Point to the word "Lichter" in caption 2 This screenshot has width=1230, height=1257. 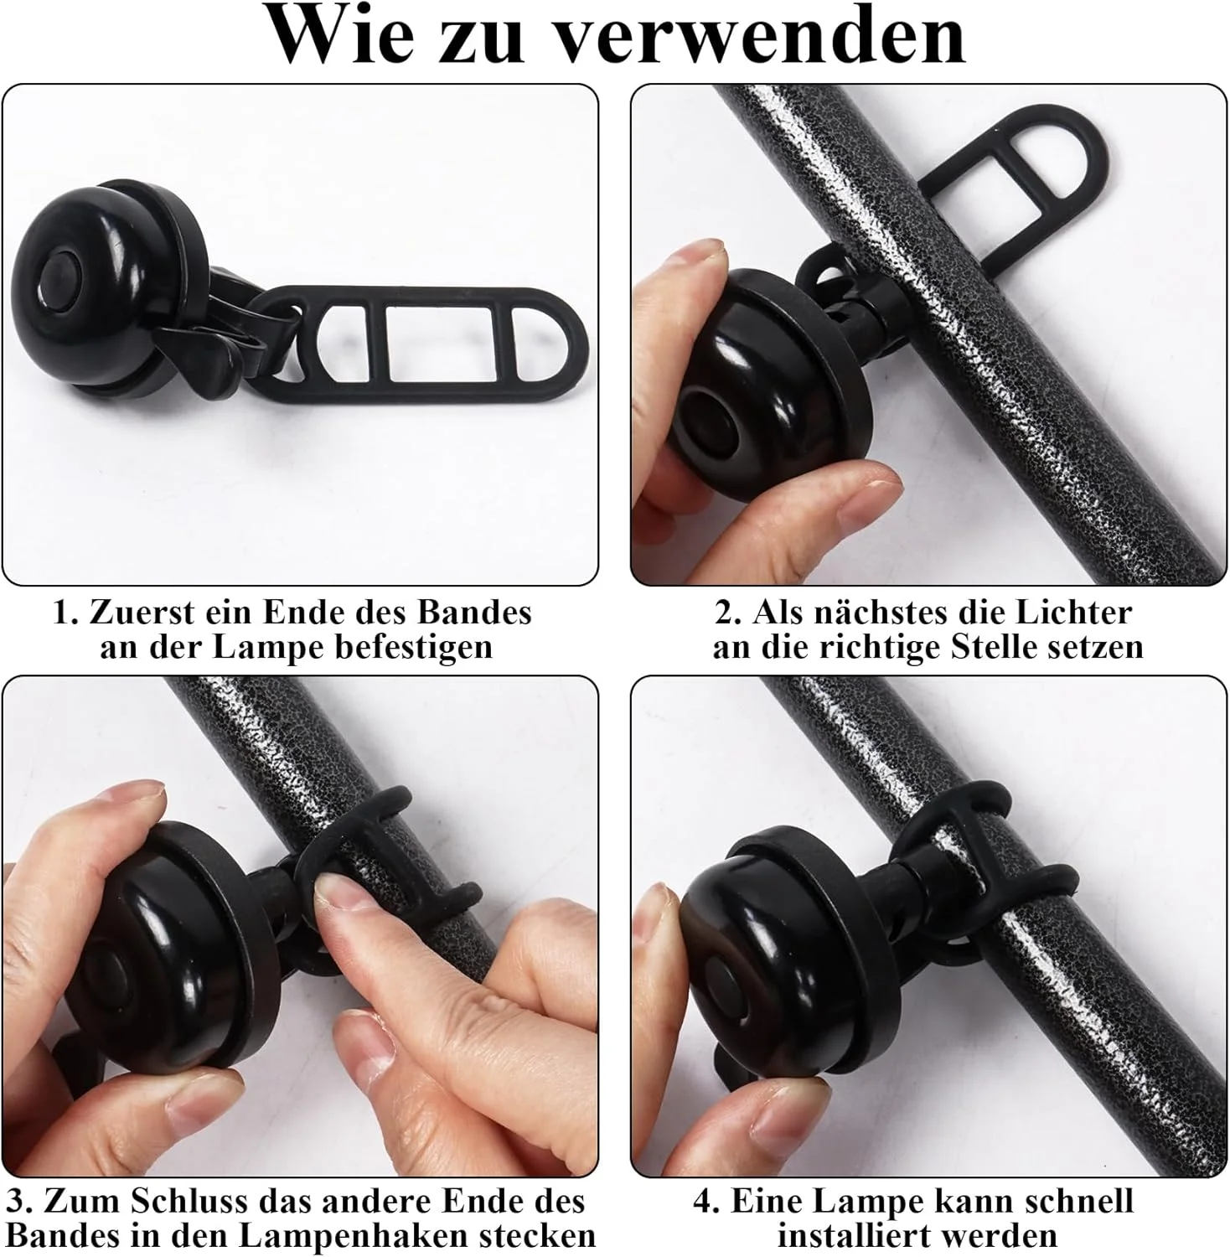click(1074, 613)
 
